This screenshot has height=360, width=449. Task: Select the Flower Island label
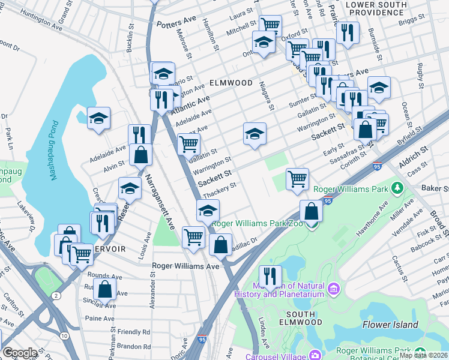coord(390,325)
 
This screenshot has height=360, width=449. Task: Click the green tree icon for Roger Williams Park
coord(396,189)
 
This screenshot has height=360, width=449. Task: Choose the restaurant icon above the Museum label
coord(270,275)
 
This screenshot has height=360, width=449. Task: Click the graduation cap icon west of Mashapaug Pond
coord(99,118)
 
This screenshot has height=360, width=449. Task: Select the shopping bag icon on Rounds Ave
coord(104,288)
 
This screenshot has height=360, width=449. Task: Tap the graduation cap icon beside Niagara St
coord(255,133)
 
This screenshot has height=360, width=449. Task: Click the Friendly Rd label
coord(133,332)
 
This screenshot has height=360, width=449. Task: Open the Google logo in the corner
coord(20,353)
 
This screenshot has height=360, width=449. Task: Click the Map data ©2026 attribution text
coord(423,355)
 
